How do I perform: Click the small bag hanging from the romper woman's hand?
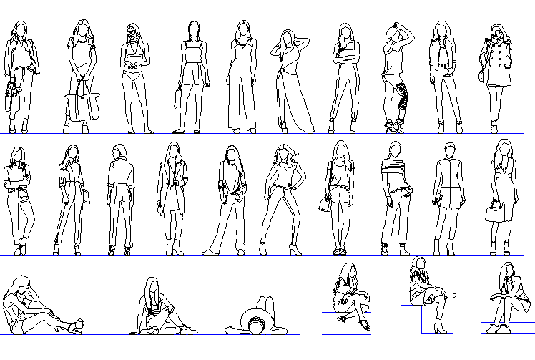tap(177, 97)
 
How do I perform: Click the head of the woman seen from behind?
tap(119, 152)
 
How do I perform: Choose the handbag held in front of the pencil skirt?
tap(494, 212)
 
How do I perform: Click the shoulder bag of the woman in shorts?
tap(325, 204)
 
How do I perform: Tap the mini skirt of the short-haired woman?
tap(448, 197)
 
